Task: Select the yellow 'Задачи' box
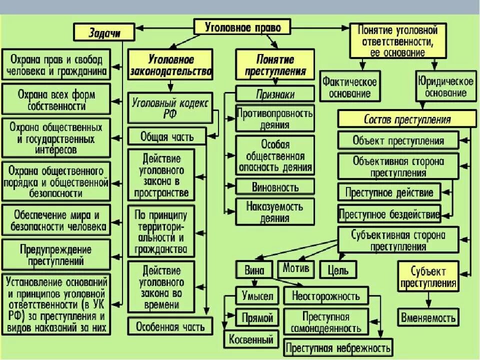104,32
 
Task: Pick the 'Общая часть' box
160,136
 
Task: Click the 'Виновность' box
275,187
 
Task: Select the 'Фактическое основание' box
349,86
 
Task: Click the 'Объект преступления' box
398,140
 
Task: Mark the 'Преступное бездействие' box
389,214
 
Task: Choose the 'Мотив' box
296,268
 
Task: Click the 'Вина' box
254,270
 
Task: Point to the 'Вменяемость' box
428,317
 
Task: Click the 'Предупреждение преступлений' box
55,254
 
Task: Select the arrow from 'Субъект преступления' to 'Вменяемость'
428,300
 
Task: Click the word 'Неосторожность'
325,296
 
